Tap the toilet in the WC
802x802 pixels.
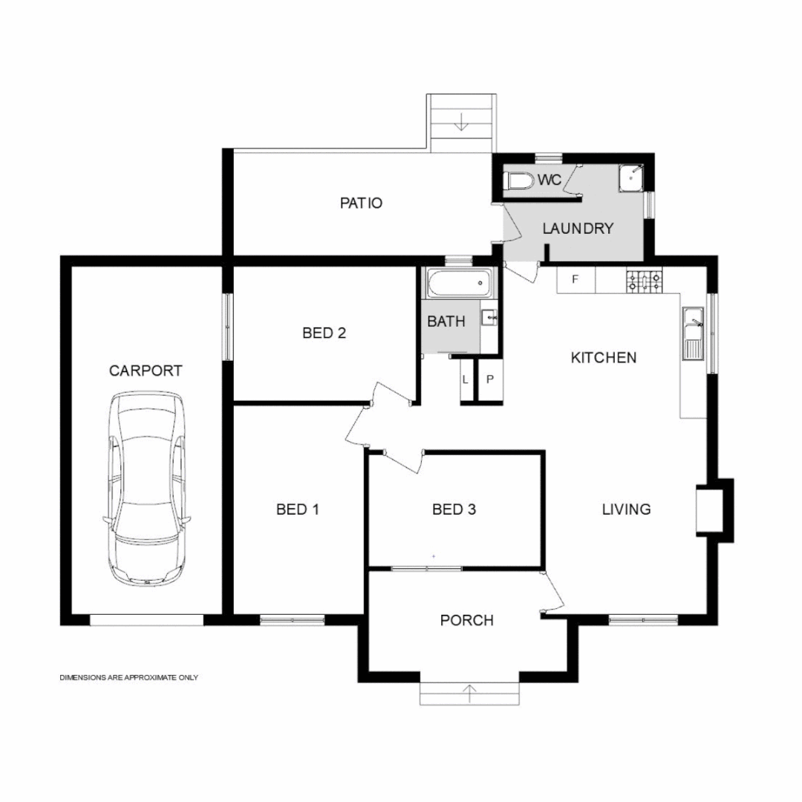(x=518, y=180)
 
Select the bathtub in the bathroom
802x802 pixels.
(x=458, y=282)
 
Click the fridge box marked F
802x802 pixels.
(x=575, y=280)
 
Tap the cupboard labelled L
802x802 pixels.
(x=466, y=379)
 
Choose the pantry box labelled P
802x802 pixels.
(x=489, y=379)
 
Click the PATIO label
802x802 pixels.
(x=361, y=202)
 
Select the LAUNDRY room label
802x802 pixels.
(x=578, y=228)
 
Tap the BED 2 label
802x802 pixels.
(x=325, y=333)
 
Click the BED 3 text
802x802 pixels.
(x=454, y=509)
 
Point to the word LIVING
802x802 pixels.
(x=626, y=509)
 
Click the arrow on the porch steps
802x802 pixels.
(x=469, y=693)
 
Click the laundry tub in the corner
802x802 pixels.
(x=630, y=177)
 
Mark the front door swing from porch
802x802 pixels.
(x=553, y=592)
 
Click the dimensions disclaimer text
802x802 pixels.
(x=128, y=677)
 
